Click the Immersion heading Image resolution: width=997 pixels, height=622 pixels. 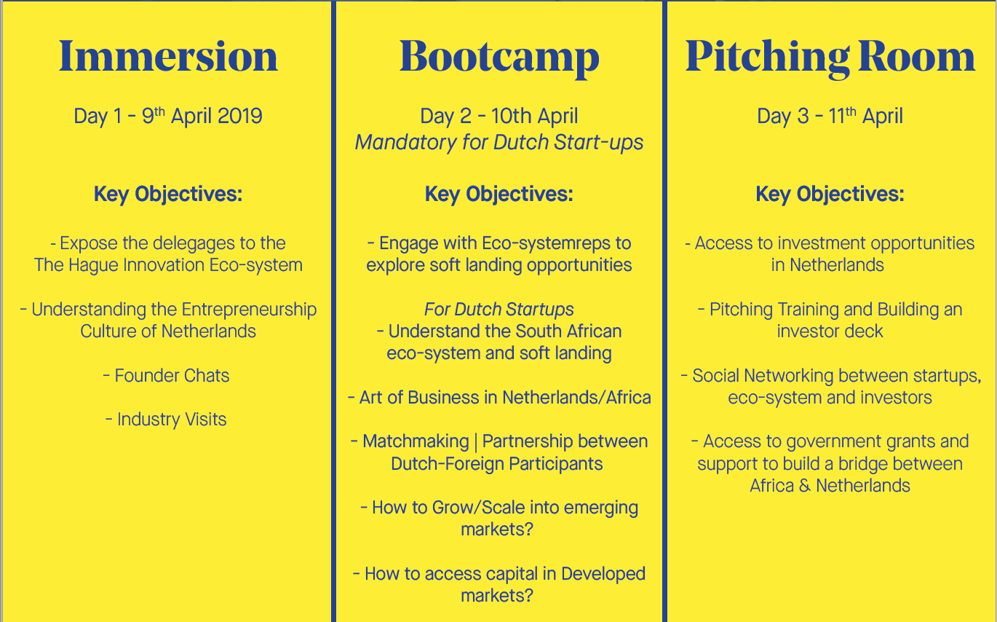point(168,56)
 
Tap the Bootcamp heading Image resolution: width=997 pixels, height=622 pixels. point(499,58)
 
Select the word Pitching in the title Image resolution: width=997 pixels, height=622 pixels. point(767,58)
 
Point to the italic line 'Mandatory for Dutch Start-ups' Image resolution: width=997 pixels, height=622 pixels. point(499,143)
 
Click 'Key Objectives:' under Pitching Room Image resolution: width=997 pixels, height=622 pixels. point(830,194)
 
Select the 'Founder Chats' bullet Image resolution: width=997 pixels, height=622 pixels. point(167,376)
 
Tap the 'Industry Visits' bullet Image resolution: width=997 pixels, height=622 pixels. point(166,420)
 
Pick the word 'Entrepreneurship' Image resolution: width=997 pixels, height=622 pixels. point(249,310)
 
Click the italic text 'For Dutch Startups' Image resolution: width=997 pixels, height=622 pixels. point(499,310)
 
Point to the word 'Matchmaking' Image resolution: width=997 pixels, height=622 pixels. point(416,441)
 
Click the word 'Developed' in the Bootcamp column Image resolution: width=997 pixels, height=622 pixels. point(603,575)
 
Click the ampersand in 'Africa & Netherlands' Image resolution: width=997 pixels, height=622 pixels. point(805,486)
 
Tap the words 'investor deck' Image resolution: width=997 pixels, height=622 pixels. point(830,331)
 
